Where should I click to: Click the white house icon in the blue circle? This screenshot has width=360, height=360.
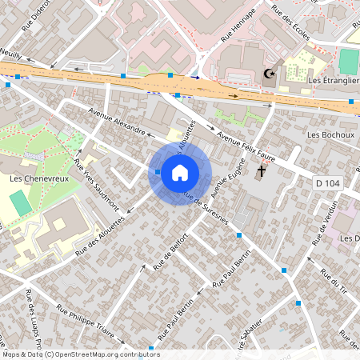[x=180, y=172]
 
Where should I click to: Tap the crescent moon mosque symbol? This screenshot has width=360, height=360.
[x=270, y=74]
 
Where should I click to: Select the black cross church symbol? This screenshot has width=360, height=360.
[x=261, y=171]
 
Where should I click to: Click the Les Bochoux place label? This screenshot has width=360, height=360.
[x=330, y=135]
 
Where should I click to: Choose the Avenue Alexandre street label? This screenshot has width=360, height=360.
[x=118, y=121]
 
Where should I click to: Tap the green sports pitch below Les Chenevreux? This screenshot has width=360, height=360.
[x=22, y=202]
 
